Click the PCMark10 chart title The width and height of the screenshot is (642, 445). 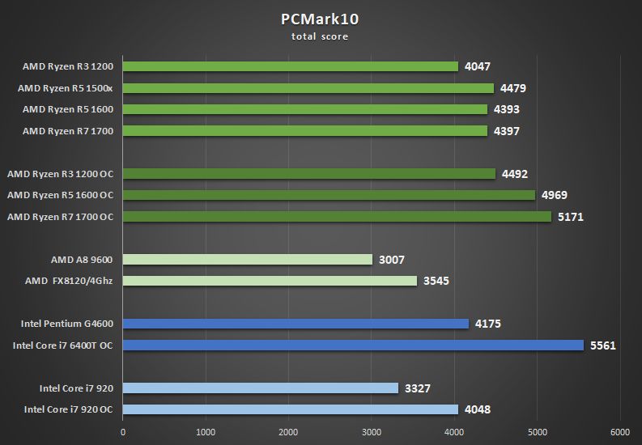pos(320,20)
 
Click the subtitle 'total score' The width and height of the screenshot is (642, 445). pos(320,36)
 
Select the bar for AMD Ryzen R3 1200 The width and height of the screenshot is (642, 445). pos(291,66)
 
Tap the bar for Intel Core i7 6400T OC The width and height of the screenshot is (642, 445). pos(353,345)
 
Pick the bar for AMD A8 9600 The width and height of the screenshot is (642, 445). pos(248,260)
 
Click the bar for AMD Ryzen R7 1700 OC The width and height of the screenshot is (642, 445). pos(337,217)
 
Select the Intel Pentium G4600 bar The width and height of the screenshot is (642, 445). pos(295,324)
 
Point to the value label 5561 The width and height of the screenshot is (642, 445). pos(603,345)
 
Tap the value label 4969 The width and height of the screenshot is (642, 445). pos(554,195)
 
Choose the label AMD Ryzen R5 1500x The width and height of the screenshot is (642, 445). pos(69,88)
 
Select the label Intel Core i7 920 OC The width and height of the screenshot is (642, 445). pos(69,409)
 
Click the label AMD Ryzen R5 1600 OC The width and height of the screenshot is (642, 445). pos(61,195)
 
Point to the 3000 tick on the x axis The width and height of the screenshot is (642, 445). pos(371,431)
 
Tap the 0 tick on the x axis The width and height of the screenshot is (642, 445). pos(123,431)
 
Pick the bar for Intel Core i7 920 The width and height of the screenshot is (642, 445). pos(261,388)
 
